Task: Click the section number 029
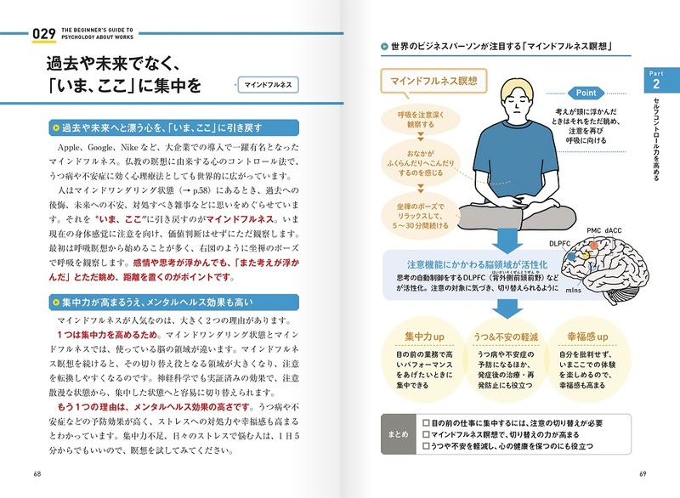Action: click(x=43, y=34)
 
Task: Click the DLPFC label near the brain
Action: click(x=561, y=242)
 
